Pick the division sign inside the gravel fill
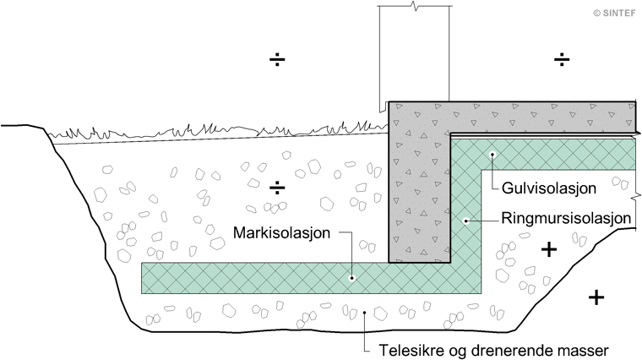click(x=276, y=187)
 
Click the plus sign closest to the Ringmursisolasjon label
click(x=549, y=249)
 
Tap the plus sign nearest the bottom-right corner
click(x=596, y=297)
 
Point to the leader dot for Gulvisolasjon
click(x=492, y=154)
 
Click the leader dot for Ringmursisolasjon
click(x=465, y=221)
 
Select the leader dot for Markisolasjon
click(x=352, y=277)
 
